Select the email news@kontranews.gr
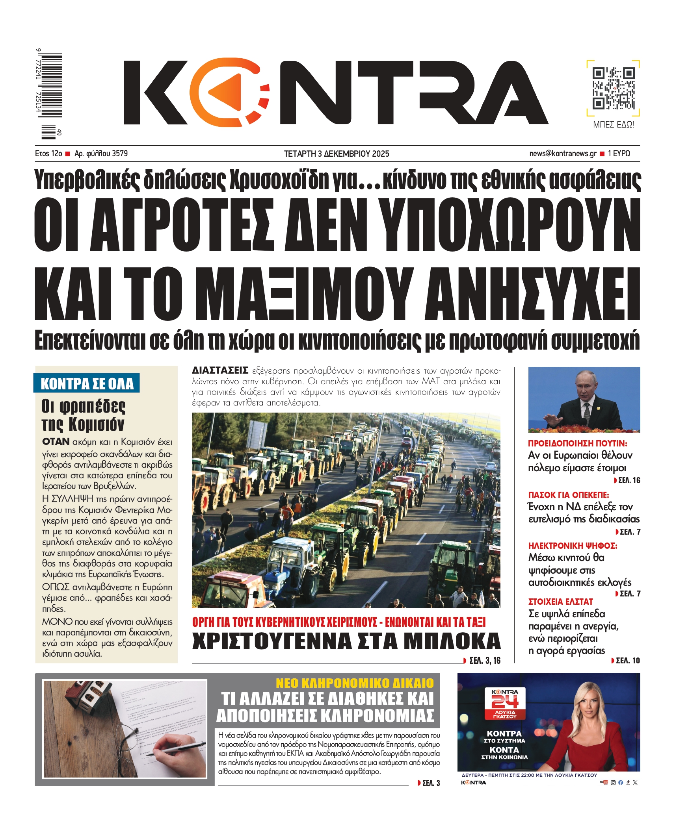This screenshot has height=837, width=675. (563, 154)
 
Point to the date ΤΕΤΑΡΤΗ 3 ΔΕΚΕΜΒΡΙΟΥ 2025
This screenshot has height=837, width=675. (337, 154)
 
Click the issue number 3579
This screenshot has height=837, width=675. (120, 154)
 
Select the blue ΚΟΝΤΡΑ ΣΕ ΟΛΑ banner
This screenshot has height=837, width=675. (87, 383)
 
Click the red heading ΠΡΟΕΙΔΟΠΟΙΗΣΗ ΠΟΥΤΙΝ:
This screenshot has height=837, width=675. (577, 443)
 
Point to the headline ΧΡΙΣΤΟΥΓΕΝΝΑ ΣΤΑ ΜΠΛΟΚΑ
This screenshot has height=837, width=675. (346, 641)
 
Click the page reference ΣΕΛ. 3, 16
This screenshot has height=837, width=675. (484, 661)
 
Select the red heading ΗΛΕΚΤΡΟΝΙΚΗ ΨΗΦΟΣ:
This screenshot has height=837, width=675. (573, 546)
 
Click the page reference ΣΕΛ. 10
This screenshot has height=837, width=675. (627, 661)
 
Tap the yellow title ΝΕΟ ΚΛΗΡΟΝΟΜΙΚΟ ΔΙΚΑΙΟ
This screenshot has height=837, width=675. (355, 683)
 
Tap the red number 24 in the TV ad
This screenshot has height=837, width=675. (505, 702)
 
